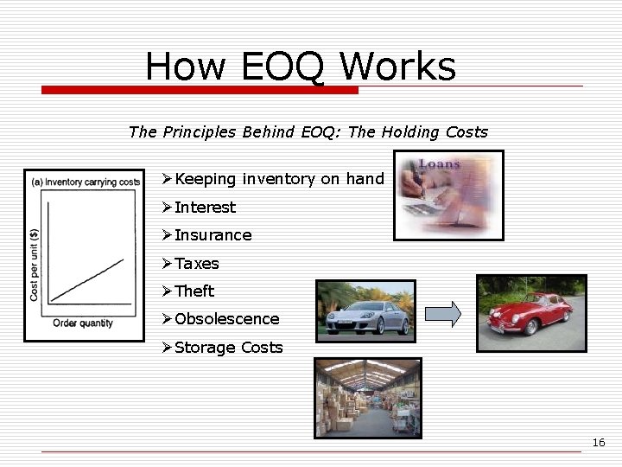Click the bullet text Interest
pyautogui.click(x=205, y=208)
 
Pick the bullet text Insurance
pyautogui.click(x=213, y=235)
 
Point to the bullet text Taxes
pyautogui.click(x=197, y=264)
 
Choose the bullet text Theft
pyautogui.click(x=194, y=291)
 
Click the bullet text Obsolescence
pyautogui.click(x=226, y=319)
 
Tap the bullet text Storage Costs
pyautogui.click(x=228, y=348)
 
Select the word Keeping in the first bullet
pyautogui.click(x=205, y=179)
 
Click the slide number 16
pyautogui.click(x=599, y=443)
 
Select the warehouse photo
pyautogui.click(x=367, y=398)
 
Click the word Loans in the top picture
pyautogui.click(x=440, y=163)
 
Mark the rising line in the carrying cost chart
pyautogui.click(x=86, y=279)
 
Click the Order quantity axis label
pyautogui.click(x=83, y=323)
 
